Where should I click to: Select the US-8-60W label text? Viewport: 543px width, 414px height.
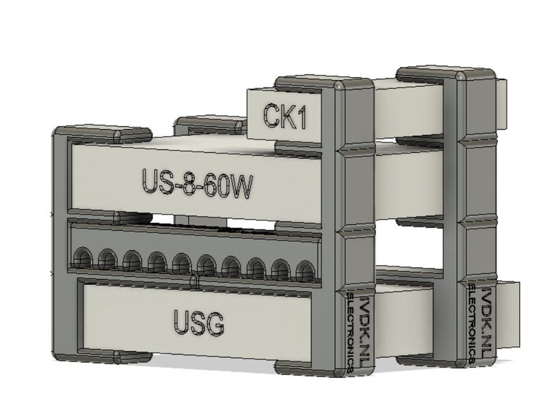click(194, 182)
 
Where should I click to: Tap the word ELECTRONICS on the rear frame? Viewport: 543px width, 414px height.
click(472, 320)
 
